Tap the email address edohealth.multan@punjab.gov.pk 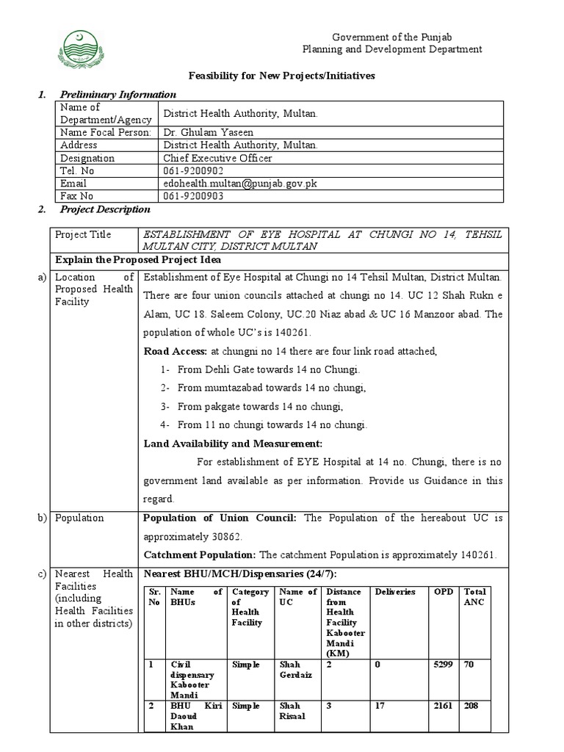coord(239,183)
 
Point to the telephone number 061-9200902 coord(193,170)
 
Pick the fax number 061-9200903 coord(193,196)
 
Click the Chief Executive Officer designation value coord(217,158)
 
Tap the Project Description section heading coord(105,209)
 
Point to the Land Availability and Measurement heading coord(233,444)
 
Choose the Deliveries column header coord(395,591)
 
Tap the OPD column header coord(443,591)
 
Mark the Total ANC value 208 coord(471,705)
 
